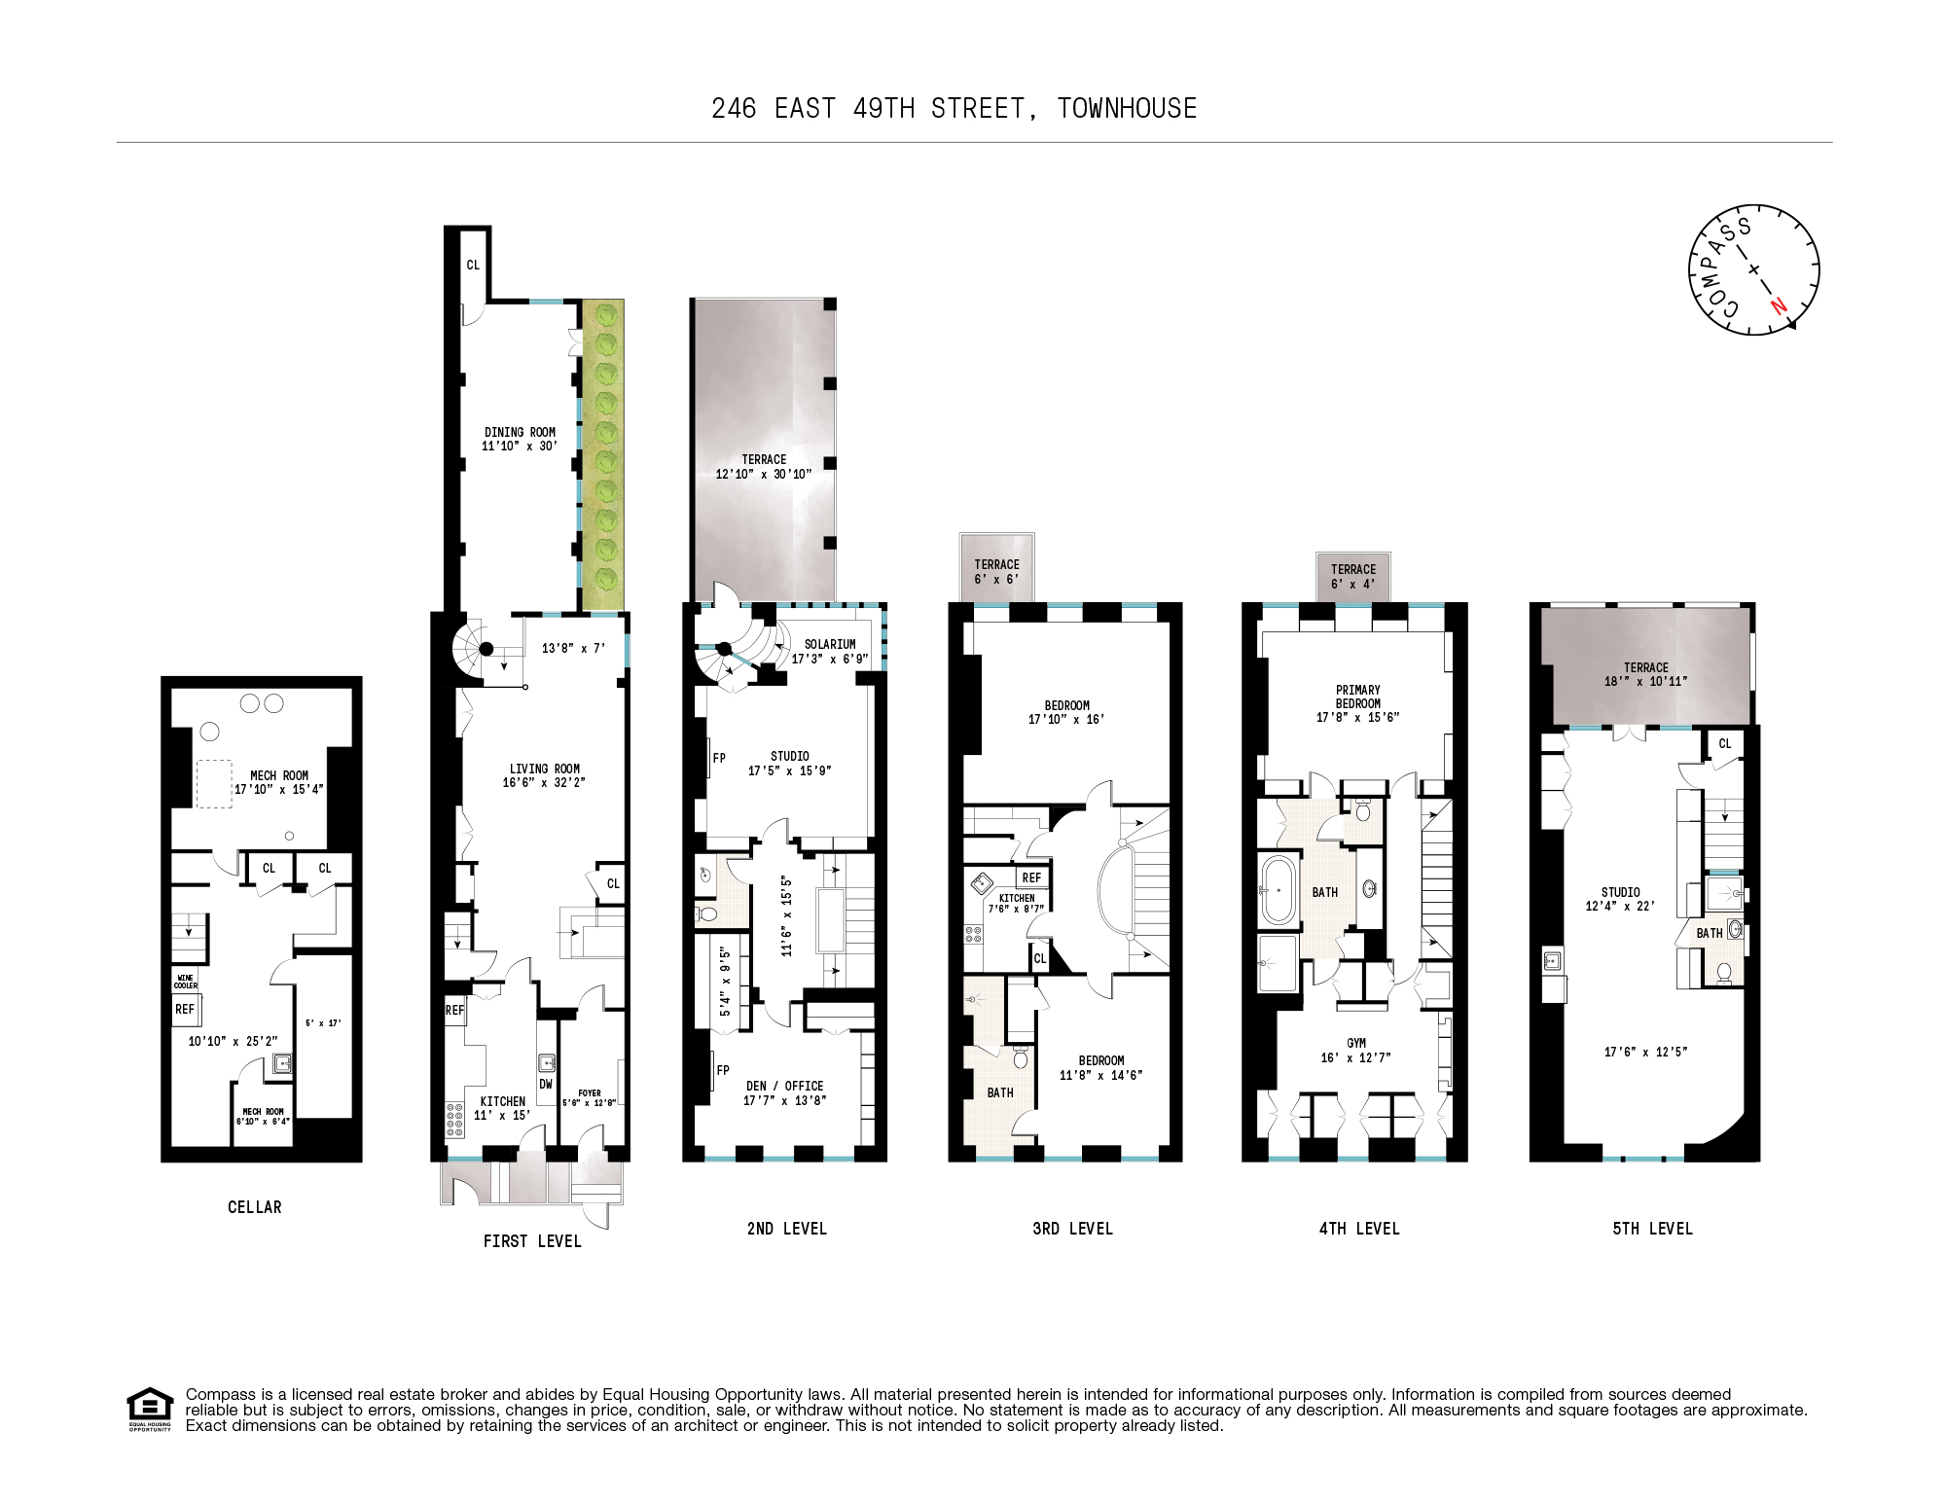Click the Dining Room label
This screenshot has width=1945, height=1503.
[x=520, y=433]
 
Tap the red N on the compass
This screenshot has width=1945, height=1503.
[x=1779, y=305]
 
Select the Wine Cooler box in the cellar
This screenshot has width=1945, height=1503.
[x=185, y=981]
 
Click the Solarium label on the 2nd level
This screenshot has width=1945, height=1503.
[x=830, y=644]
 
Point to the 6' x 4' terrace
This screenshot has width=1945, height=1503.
[x=1353, y=577]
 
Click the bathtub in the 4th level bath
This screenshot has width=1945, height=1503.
[x=1277, y=889]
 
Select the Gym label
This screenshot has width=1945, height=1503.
[x=1355, y=1043]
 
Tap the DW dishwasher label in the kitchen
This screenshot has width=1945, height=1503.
[x=545, y=1084]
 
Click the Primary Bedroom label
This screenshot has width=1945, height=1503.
[x=1357, y=697]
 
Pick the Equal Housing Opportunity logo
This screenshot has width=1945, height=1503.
[x=150, y=1409]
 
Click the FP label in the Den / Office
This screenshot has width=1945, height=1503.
[x=722, y=1070]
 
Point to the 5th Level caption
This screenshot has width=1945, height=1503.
[x=1652, y=1229]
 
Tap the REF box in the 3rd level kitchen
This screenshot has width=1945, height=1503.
[x=1031, y=877]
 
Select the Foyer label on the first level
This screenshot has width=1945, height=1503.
[x=589, y=1093]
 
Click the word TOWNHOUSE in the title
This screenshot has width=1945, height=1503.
[x=1127, y=108]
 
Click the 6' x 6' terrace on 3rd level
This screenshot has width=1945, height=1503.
[x=996, y=571]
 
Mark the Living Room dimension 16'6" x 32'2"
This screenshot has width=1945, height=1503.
[x=544, y=782]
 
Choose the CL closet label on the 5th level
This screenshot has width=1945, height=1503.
[x=1724, y=744]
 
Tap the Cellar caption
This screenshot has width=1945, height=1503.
[x=254, y=1207]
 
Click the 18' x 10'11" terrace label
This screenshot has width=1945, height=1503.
[x=1645, y=681]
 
